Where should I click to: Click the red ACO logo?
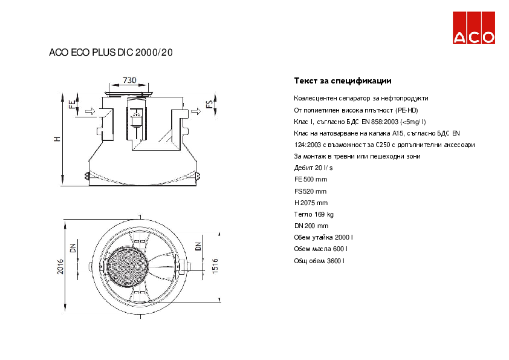(475, 29)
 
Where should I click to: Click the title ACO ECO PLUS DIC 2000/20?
(111, 53)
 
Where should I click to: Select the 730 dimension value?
(129, 80)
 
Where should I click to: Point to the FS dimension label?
(210, 103)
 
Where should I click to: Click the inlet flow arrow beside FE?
(89, 111)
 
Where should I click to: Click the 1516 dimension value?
(215, 266)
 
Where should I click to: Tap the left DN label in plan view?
(73, 248)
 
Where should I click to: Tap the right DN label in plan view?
(198, 246)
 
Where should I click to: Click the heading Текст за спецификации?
(343, 80)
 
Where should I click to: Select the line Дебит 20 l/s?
(313, 168)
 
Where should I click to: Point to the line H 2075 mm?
(311, 203)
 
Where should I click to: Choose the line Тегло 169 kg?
(314, 214)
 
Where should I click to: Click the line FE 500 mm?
(311, 180)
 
